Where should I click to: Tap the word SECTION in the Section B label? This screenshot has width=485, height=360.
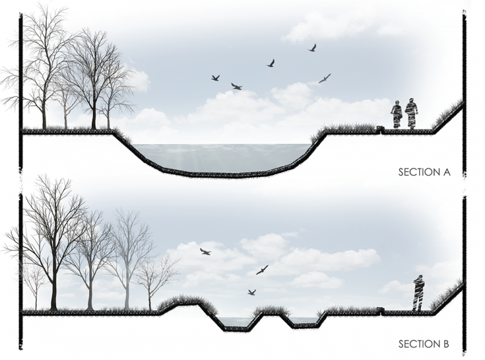tap(418, 344)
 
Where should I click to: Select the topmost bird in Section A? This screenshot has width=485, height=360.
tap(312, 48)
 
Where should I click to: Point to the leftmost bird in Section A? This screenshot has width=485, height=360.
tap(215, 78)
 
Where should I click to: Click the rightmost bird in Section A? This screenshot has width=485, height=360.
tap(325, 78)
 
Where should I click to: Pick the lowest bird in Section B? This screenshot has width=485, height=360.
tap(252, 292)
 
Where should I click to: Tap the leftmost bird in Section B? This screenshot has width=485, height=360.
tap(205, 251)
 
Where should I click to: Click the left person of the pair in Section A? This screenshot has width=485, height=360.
tap(396, 114)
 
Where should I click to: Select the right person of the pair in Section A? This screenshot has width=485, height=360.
tap(411, 114)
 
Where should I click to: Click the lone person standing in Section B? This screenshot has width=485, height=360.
tap(419, 293)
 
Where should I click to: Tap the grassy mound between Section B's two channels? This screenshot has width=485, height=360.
tap(271, 312)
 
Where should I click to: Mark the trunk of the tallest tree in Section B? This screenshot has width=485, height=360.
tap(54, 284)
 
